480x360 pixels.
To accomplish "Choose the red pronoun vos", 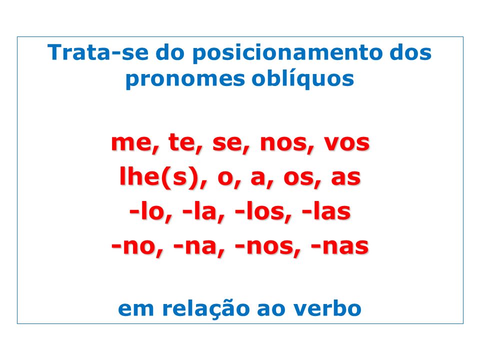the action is tap(347, 143).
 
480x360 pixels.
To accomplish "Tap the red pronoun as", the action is tap(345, 178).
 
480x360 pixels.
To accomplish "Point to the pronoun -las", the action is tap(326, 211).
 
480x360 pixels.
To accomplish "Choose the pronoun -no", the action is tap(137, 246).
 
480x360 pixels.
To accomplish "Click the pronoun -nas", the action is tap(339, 246).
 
